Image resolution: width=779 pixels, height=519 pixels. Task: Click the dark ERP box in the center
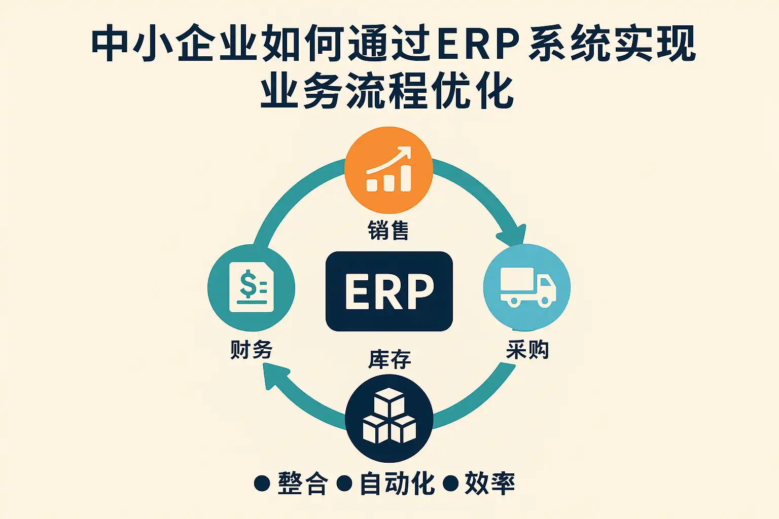pyautogui.click(x=389, y=291)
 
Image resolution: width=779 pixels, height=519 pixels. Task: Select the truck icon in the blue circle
pyautogui.click(x=527, y=287)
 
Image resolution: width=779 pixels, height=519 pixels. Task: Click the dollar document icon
pyautogui.click(x=252, y=287)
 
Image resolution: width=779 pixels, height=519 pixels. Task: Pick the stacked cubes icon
pyautogui.click(x=389, y=417)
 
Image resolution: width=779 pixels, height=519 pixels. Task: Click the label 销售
pyautogui.click(x=388, y=231)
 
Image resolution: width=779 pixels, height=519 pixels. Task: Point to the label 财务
pyautogui.click(x=252, y=350)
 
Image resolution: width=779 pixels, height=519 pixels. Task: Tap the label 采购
pyautogui.click(x=527, y=350)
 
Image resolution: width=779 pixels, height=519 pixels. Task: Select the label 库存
pyautogui.click(x=389, y=360)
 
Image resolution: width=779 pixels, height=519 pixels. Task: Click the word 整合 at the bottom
pyautogui.click(x=303, y=483)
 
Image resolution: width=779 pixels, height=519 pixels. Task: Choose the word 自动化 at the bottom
pyautogui.click(x=397, y=483)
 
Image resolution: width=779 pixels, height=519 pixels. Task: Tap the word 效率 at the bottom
pyautogui.click(x=490, y=483)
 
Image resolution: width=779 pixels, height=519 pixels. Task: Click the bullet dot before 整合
pyautogui.click(x=262, y=483)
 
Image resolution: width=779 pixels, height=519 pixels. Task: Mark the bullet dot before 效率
pyautogui.click(x=450, y=483)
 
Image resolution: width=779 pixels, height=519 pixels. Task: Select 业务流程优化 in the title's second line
pyautogui.click(x=387, y=92)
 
